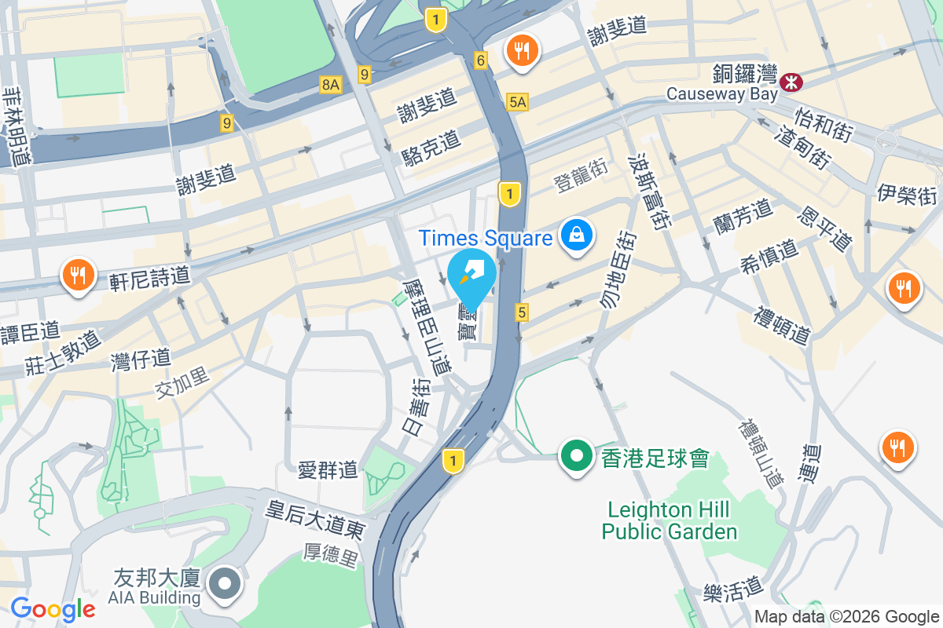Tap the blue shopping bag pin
click(x=577, y=235)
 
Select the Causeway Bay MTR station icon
click(x=791, y=79)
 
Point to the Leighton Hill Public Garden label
click(x=670, y=520)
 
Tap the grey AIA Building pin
click(x=226, y=583)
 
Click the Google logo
click(x=53, y=609)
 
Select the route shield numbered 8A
click(x=331, y=85)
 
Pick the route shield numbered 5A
click(x=517, y=102)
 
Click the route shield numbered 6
click(x=481, y=59)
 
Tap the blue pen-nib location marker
click(x=472, y=276)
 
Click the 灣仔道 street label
click(x=141, y=360)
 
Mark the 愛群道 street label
click(x=328, y=470)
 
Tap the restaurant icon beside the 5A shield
click(x=520, y=52)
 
